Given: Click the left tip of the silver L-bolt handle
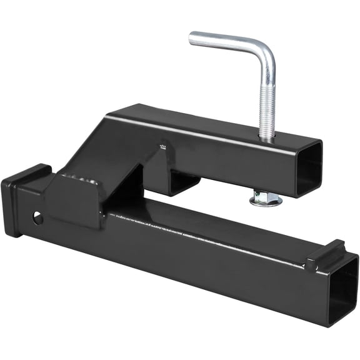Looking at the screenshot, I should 192,39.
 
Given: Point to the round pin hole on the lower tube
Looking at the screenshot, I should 39,218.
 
